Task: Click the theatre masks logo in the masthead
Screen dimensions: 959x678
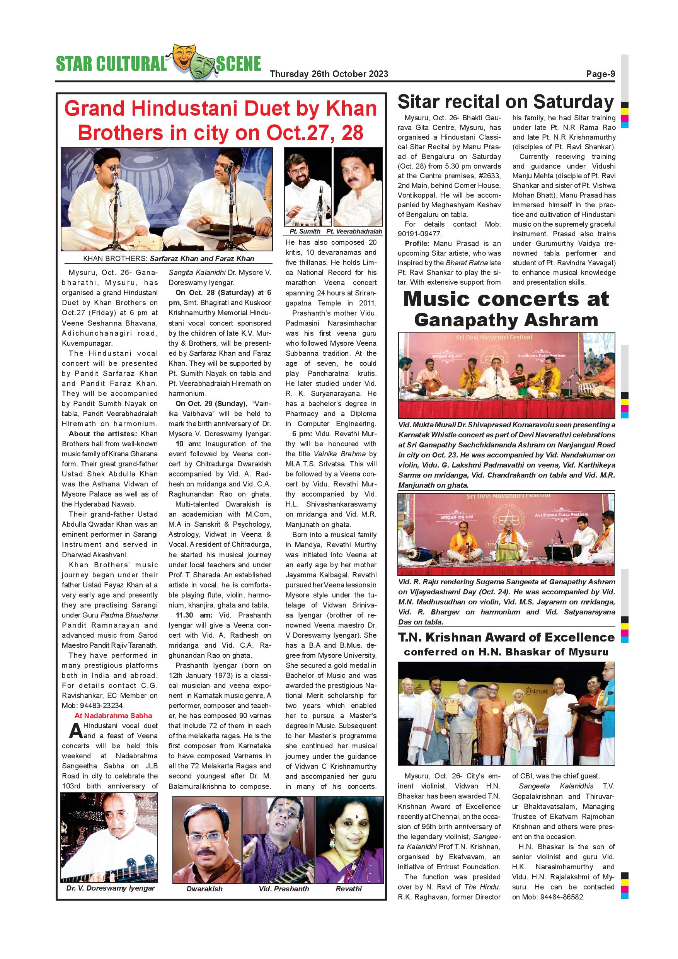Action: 191,62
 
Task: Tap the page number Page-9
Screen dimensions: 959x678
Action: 600,74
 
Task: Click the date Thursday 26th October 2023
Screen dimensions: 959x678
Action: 329,74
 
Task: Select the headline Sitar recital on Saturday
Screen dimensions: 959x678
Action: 506,102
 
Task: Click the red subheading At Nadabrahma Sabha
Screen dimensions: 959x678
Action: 113,715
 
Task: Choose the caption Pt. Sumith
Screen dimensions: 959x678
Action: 305,231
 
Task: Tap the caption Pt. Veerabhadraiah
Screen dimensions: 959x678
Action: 354,231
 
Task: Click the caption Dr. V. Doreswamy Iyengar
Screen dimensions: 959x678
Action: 110,888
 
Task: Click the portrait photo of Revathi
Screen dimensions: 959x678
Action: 349,840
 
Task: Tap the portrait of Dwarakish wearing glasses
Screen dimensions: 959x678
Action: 207,840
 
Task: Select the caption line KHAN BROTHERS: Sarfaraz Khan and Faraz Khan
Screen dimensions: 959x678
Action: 168,259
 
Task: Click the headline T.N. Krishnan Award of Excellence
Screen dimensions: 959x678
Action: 506,637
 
